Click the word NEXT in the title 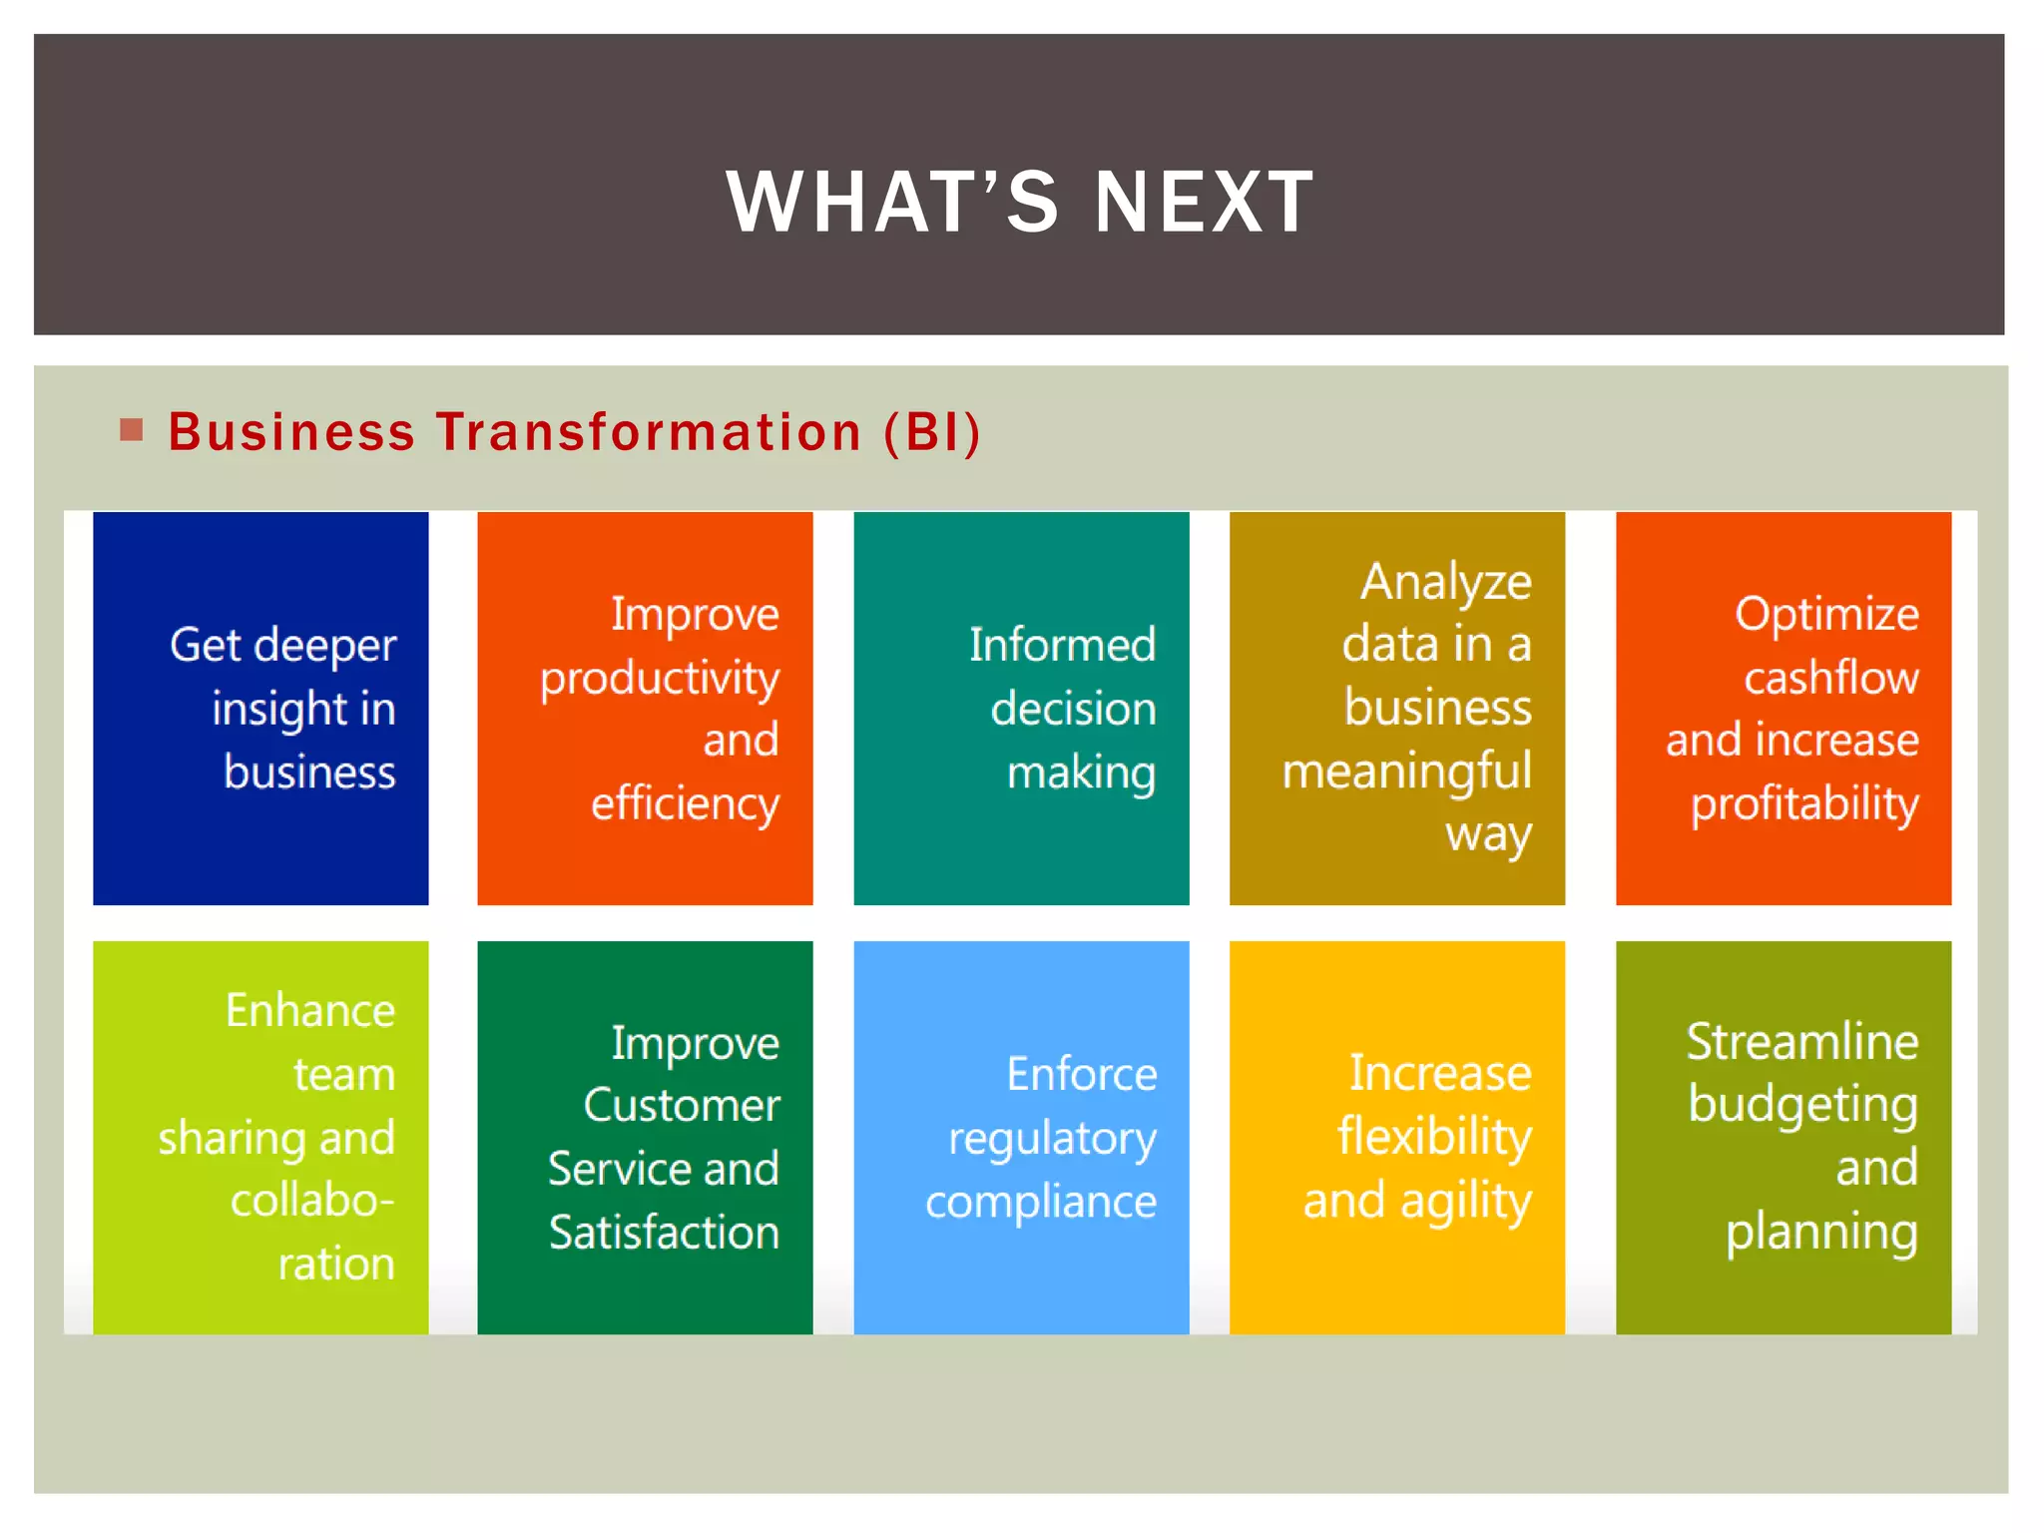click(1205, 202)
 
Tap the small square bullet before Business click(131, 430)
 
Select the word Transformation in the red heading click(649, 432)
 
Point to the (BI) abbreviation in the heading click(932, 432)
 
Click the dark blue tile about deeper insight click(260, 708)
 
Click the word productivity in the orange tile click(660, 679)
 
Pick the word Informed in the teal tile click(1062, 645)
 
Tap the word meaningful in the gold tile click(1406, 771)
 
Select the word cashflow click(1830, 678)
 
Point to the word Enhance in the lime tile click(310, 1010)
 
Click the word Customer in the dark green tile click(682, 1105)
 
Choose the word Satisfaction click(664, 1232)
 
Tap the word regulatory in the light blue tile click(1052, 1139)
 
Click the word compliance click(1041, 1202)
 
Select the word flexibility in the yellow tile click(1434, 1137)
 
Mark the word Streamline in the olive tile click(1802, 1042)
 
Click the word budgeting click(1802, 1106)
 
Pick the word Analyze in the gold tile click(1445, 582)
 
